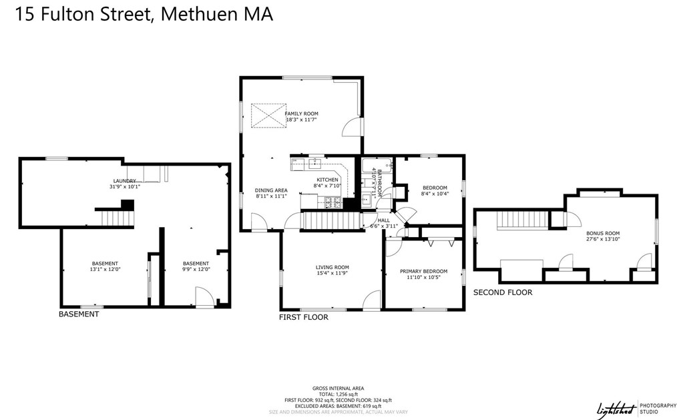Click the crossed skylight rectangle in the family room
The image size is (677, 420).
pyautogui.click(x=268, y=115)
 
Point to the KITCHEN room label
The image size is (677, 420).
pyautogui.click(x=327, y=180)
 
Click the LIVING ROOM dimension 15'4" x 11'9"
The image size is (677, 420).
pyautogui.click(x=332, y=272)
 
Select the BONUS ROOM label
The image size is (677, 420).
pyautogui.click(x=603, y=232)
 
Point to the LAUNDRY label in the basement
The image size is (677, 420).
pyautogui.click(x=125, y=181)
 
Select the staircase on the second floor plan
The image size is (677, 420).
pyautogui.click(x=518, y=219)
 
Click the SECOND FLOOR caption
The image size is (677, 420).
pyautogui.click(x=502, y=292)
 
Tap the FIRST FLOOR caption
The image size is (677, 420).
pyautogui.click(x=303, y=317)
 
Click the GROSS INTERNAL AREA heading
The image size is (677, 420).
pyautogui.click(x=338, y=388)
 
